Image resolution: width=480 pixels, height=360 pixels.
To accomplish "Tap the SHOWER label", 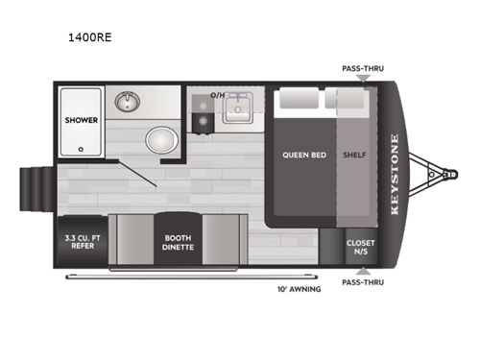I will pyautogui.click(x=80, y=122).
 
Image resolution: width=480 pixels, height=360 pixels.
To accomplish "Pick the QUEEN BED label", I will pyautogui.click(x=300, y=155).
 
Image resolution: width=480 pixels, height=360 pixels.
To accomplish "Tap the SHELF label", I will pyautogui.click(x=352, y=155).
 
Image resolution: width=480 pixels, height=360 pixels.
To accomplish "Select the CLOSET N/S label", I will pyautogui.click(x=360, y=246).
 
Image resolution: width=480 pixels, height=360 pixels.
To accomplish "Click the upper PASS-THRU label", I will pyautogui.click(x=360, y=68).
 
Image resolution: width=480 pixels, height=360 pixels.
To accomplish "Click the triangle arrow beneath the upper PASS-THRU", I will pyautogui.click(x=360, y=79).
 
